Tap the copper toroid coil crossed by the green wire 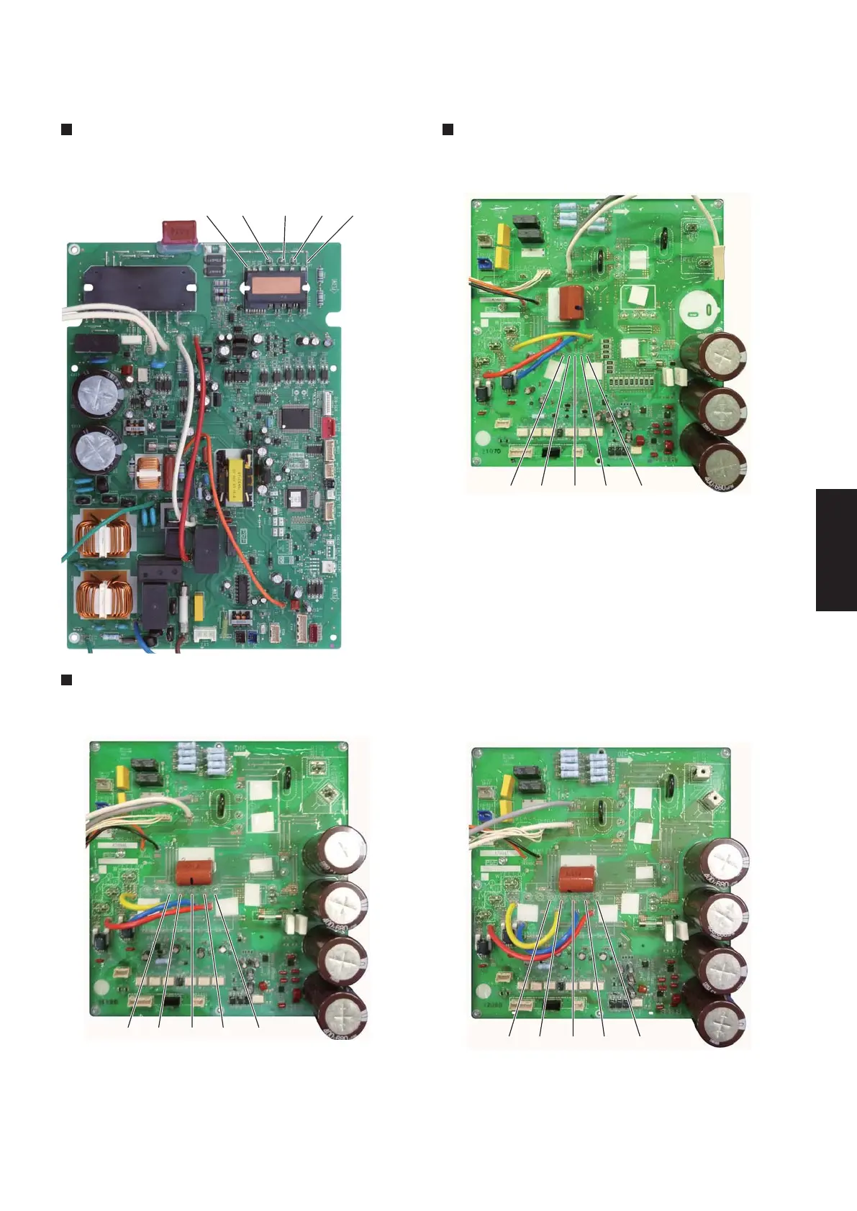point(102,534)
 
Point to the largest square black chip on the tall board point(294,418)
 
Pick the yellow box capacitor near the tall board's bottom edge point(199,606)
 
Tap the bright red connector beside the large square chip point(331,428)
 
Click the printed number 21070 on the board point(491,452)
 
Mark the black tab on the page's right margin point(836,550)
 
